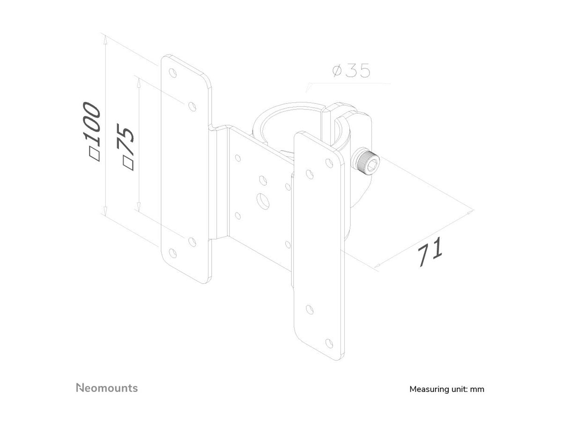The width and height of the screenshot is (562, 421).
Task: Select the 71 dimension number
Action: (x=429, y=252)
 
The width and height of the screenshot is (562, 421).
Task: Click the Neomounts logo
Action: (x=107, y=388)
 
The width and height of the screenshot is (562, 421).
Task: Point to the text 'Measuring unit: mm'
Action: (x=447, y=389)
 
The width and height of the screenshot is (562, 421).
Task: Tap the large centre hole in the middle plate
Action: (x=263, y=201)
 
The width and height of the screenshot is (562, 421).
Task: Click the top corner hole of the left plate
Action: (x=173, y=73)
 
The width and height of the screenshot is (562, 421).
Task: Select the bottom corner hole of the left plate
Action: (x=173, y=254)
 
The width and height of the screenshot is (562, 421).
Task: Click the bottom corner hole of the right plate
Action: (x=329, y=343)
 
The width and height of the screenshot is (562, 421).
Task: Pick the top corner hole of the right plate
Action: (x=329, y=163)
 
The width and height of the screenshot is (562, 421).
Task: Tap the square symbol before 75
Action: (x=128, y=163)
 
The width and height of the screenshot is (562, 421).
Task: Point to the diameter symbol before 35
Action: (x=337, y=71)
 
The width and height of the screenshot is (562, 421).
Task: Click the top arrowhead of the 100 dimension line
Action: (x=105, y=40)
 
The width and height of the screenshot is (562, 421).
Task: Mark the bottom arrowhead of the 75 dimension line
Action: (x=139, y=207)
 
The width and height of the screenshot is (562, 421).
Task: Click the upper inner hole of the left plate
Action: (x=192, y=106)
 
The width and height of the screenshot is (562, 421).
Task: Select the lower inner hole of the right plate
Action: (x=310, y=310)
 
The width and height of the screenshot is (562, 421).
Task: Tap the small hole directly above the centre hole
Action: (x=263, y=180)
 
